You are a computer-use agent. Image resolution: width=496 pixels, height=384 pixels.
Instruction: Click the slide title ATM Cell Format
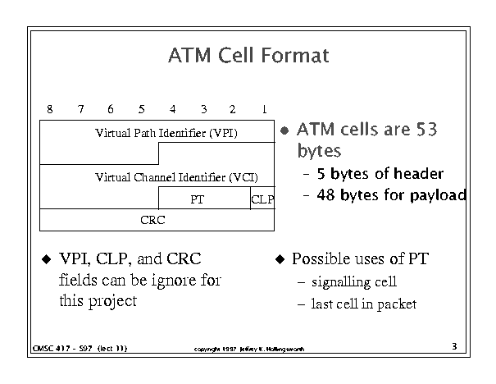click(248, 56)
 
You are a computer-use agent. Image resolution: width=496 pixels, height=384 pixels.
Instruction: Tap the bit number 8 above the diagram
click(50, 109)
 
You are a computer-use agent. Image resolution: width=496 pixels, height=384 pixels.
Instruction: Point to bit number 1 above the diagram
click(264, 109)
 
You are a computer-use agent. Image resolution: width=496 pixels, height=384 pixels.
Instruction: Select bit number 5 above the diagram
click(141, 109)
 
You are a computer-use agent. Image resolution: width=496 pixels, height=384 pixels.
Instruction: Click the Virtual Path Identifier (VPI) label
click(166, 132)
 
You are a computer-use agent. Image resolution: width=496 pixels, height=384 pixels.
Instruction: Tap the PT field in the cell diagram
click(197, 199)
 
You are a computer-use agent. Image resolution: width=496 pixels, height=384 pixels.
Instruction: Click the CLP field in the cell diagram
click(262, 199)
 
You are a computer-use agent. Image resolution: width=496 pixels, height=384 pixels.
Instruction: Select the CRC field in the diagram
click(152, 220)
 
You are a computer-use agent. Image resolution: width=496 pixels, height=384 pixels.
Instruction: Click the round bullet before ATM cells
click(284, 130)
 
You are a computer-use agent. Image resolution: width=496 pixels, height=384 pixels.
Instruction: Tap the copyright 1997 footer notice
click(247, 349)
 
